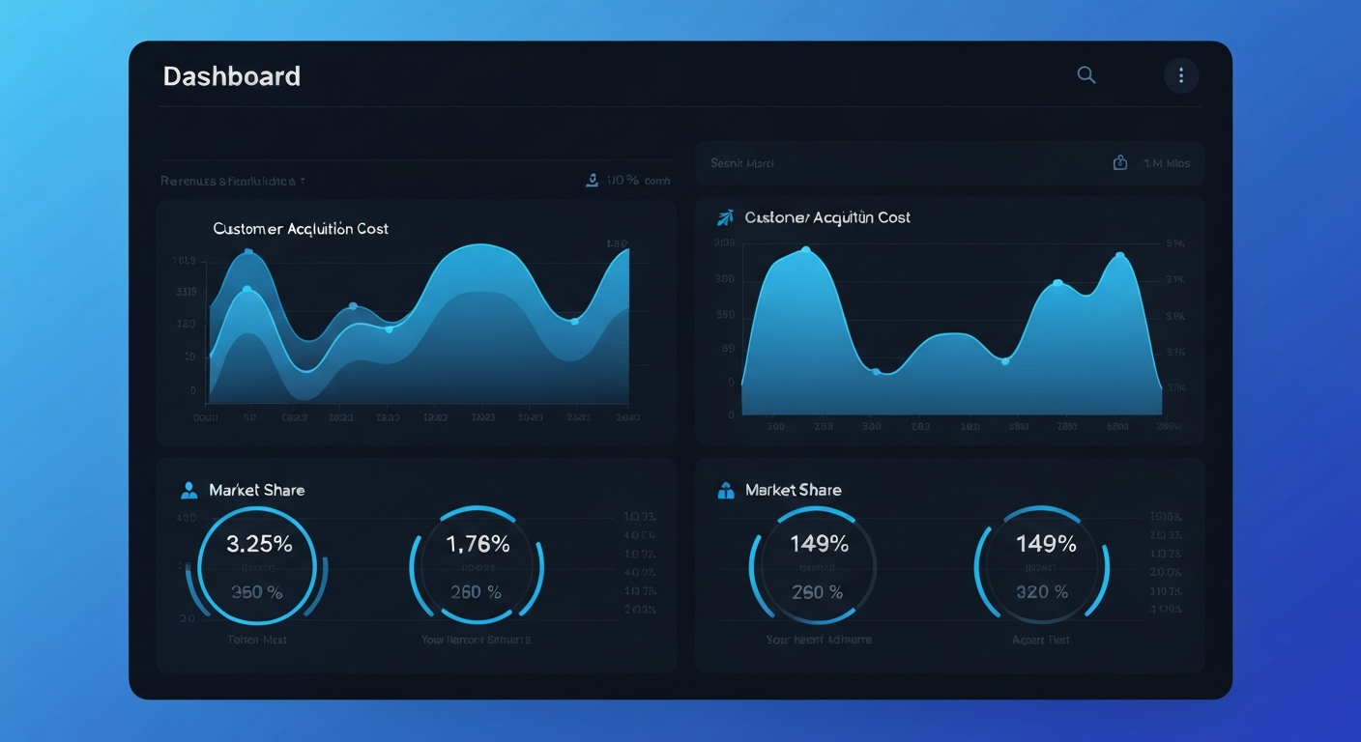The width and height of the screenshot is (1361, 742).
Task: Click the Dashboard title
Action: [x=231, y=76]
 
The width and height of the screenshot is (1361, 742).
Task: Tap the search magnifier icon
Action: [x=1086, y=75]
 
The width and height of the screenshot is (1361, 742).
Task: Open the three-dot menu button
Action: [x=1180, y=75]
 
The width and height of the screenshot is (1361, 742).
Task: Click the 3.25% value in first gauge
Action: [x=259, y=544]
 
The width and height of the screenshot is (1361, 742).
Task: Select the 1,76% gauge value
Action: [x=478, y=544]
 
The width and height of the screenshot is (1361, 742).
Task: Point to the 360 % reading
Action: [x=257, y=592]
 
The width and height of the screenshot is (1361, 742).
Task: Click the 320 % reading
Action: [x=1042, y=592]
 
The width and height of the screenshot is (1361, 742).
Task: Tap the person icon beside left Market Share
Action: [x=188, y=491]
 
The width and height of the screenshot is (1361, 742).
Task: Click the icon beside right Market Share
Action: [x=726, y=491]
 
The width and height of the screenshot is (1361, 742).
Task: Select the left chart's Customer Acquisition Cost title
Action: [x=301, y=229]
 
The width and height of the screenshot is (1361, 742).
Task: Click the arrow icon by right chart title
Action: [x=725, y=217]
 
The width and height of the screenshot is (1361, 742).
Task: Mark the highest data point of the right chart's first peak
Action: [x=806, y=250]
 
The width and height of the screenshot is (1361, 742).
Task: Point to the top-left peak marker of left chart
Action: [x=248, y=253]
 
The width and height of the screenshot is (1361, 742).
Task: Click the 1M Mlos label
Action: [x=1167, y=163]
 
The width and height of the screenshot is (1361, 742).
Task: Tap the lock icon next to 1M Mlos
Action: [x=1120, y=163]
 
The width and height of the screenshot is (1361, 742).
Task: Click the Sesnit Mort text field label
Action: [x=742, y=163]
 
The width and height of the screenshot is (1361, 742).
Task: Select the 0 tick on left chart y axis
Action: [x=193, y=391]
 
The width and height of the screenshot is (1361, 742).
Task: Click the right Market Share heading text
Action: [x=793, y=490]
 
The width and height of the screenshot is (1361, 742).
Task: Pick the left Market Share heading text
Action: [x=256, y=490]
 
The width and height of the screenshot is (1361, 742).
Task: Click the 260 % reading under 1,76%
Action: [x=476, y=592]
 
